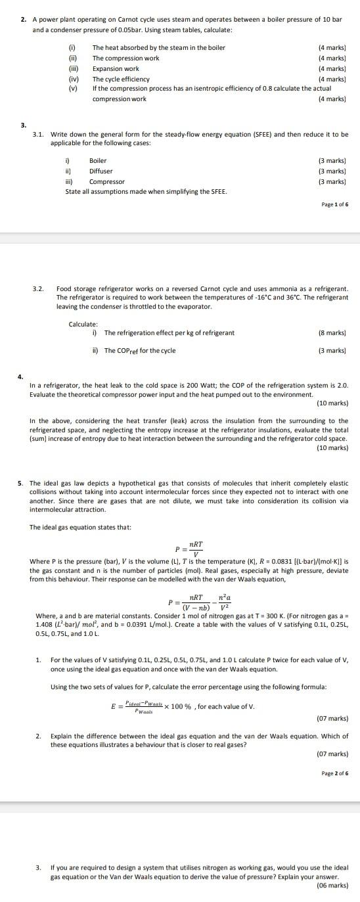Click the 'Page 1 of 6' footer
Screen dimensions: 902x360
(335, 205)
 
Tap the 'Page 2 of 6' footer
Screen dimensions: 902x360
(335, 773)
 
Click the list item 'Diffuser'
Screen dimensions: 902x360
(101, 171)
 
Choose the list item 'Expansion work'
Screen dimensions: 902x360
(116, 68)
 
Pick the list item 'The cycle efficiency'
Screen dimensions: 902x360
(121, 79)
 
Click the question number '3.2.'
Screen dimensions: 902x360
(39, 288)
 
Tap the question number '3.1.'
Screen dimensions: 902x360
(39, 134)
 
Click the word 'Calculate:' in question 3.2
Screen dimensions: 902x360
(83, 324)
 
